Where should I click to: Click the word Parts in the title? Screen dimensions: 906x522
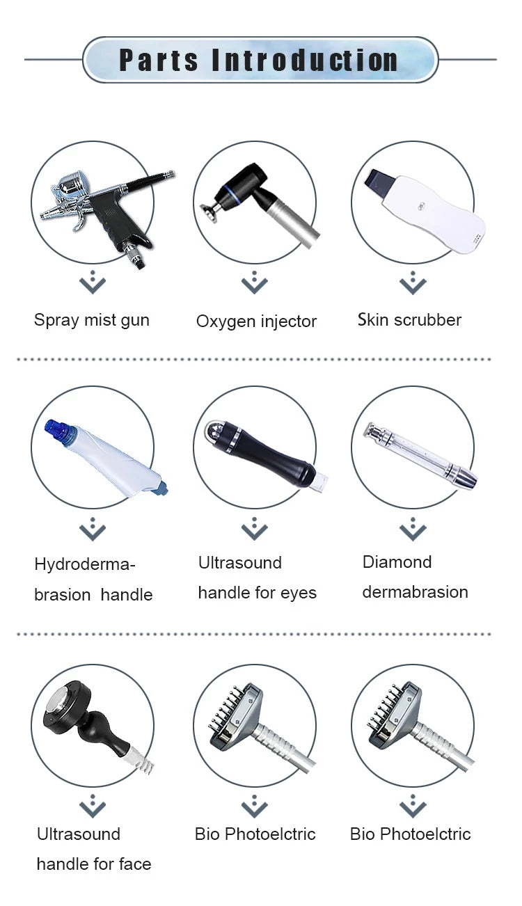pyautogui.click(x=159, y=61)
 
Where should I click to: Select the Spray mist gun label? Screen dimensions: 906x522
pyautogui.click(x=92, y=320)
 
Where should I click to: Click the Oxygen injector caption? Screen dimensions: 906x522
pyautogui.click(x=256, y=321)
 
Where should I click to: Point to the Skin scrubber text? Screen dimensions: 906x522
pyautogui.click(x=409, y=320)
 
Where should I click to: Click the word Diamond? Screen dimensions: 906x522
pyautogui.click(x=397, y=562)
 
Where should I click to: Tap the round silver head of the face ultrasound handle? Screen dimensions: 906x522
pyautogui.click(x=58, y=704)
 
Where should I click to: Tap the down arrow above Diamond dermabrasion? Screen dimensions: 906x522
pyautogui.click(x=413, y=529)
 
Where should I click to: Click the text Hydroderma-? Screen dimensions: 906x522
pyautogui.click(x=84, y=564)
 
